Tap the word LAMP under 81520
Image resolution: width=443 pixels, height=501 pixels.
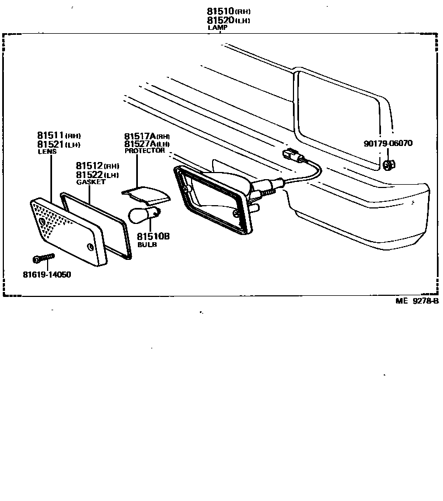point(218,27)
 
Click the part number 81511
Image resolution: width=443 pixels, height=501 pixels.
point(50,135)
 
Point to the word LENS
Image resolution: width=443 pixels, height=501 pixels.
point(47,152)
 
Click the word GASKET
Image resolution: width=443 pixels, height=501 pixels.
point(90,182)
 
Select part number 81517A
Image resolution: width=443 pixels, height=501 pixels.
point(140,136)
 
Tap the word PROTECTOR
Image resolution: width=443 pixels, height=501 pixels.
point(145,150)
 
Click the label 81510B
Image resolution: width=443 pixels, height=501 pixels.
point(153,236)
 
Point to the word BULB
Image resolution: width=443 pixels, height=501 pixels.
point(147,244)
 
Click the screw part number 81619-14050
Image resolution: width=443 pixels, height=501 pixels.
point(47,275)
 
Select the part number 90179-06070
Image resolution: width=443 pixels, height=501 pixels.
point(388,143)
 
